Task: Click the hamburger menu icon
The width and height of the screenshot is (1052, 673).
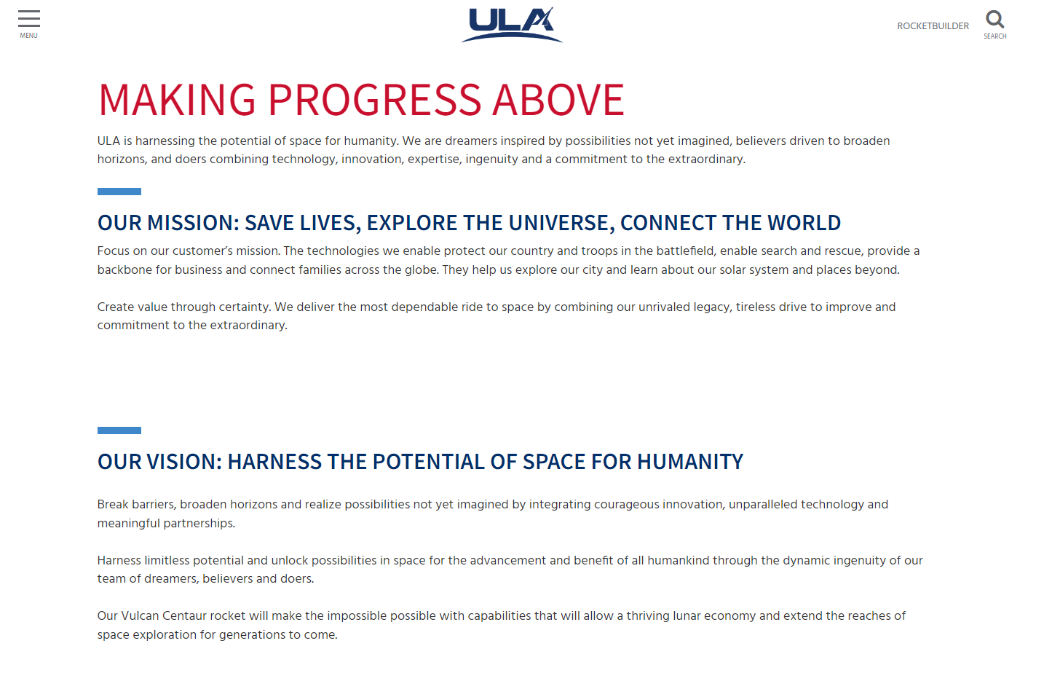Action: coord(29,19)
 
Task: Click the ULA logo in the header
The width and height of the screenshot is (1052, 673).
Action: coord(512,25)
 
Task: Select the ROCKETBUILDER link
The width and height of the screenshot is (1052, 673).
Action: coord(933,26)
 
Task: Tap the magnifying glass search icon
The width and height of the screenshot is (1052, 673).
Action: coord(994,20)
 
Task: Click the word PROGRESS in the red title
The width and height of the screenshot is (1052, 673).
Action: coord(374,100)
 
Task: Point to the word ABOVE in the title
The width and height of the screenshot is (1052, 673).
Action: coord(558,100)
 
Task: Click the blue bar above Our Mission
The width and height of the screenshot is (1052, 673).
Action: coord(119,192)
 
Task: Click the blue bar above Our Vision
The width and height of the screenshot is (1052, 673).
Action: coord(119,430)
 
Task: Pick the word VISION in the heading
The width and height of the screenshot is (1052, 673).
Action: coord(184,462)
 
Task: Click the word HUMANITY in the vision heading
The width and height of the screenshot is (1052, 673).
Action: coord(690,462)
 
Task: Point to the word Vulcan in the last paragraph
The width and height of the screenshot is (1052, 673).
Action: coord(140,615)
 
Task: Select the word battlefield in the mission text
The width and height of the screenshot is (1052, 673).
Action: coord(686,251)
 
